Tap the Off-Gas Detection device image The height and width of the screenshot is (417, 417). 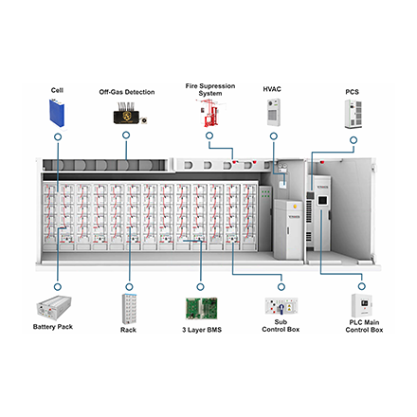(x=127, y=115)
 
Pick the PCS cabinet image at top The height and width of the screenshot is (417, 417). (x=354, y=113)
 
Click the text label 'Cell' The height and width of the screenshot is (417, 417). (x=58, y=88)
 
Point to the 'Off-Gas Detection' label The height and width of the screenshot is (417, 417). (x=127, y=92)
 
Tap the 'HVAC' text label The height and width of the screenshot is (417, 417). (x=273, y=88)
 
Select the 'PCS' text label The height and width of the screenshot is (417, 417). (x=354, y=91)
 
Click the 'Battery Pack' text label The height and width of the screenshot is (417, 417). (x=58, y=328)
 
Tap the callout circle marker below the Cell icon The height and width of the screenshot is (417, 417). (x=58, y=136)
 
